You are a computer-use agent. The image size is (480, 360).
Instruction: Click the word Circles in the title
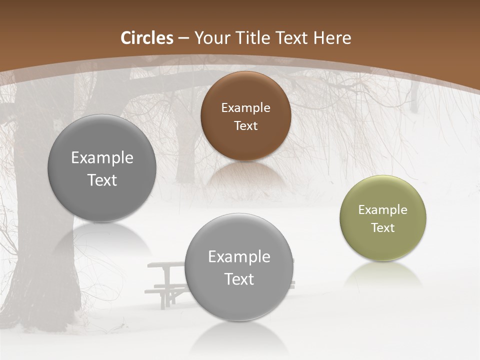(146, 38)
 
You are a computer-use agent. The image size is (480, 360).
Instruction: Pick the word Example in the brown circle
(245, 107)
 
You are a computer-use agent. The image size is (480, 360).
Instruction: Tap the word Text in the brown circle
(245, 125)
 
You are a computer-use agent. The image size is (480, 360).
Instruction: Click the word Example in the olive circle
(383, 209)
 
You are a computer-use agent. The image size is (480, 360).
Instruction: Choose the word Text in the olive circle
(383, 227)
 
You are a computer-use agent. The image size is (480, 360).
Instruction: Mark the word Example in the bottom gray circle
(239, 256)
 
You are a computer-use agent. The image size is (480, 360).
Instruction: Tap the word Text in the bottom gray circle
(239, 279)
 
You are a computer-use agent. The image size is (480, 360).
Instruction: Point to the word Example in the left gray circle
(102, 157)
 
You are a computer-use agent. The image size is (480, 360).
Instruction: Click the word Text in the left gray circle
(102, 180)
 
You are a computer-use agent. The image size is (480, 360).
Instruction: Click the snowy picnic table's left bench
(163, 289)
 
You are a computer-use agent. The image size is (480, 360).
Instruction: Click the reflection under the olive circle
(383, 275)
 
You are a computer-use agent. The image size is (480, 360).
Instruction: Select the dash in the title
(183, 38)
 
